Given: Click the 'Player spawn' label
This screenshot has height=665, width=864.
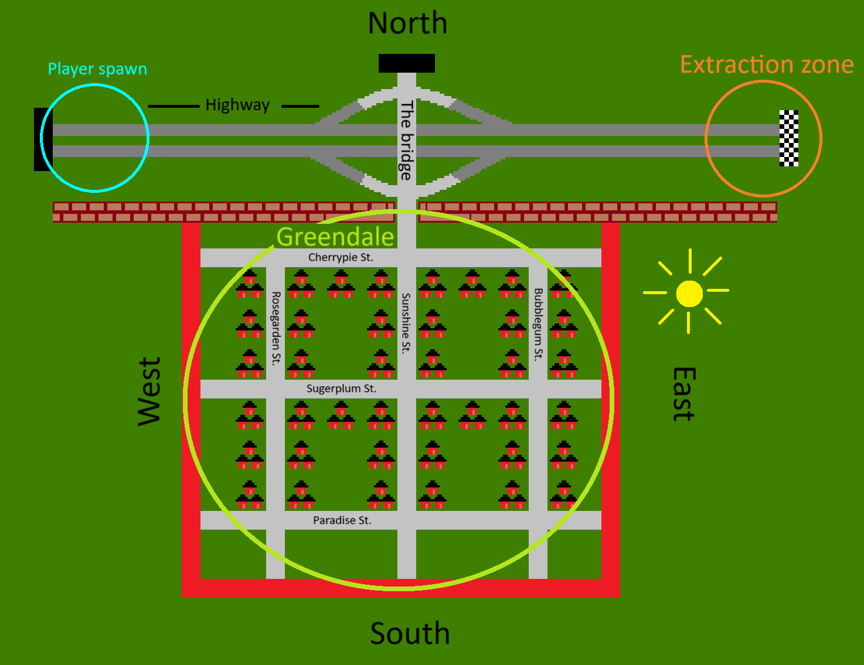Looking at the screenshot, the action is coord(97,69).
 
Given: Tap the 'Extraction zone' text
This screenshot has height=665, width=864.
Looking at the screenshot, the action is coord(767,64).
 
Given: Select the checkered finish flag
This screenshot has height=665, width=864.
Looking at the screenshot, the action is coord(788,138).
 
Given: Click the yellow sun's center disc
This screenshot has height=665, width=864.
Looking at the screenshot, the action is coord(689,294).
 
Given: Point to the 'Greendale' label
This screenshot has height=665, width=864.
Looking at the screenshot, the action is coord(335,237).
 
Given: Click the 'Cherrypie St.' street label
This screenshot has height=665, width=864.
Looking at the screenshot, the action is coord(341,257).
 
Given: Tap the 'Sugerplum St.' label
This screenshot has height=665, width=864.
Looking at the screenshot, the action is coord(341,388).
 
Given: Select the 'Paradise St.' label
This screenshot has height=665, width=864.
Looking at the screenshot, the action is coord(342,520).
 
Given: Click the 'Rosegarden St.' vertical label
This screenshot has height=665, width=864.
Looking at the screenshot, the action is coord(276,329).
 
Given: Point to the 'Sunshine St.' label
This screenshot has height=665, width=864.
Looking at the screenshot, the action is coord(406,323).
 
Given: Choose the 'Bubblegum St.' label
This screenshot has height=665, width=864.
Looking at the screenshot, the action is coord(538,325).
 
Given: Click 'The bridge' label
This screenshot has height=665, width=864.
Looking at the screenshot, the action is coord(406,140).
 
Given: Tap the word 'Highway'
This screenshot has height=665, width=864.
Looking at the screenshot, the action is coord(237,105).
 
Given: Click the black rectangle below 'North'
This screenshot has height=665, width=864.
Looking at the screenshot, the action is coord(407,63).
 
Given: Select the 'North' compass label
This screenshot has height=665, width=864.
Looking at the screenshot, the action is coord(407,23).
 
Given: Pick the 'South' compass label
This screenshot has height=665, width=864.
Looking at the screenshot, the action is coord(410,633).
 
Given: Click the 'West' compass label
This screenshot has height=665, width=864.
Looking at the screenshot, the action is coord(149,392).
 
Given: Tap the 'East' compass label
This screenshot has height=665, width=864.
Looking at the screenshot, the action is coord(684,394).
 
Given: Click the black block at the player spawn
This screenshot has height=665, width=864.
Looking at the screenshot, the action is coord(43,139).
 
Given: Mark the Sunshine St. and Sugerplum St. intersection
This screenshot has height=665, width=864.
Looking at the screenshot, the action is coord(407,389).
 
